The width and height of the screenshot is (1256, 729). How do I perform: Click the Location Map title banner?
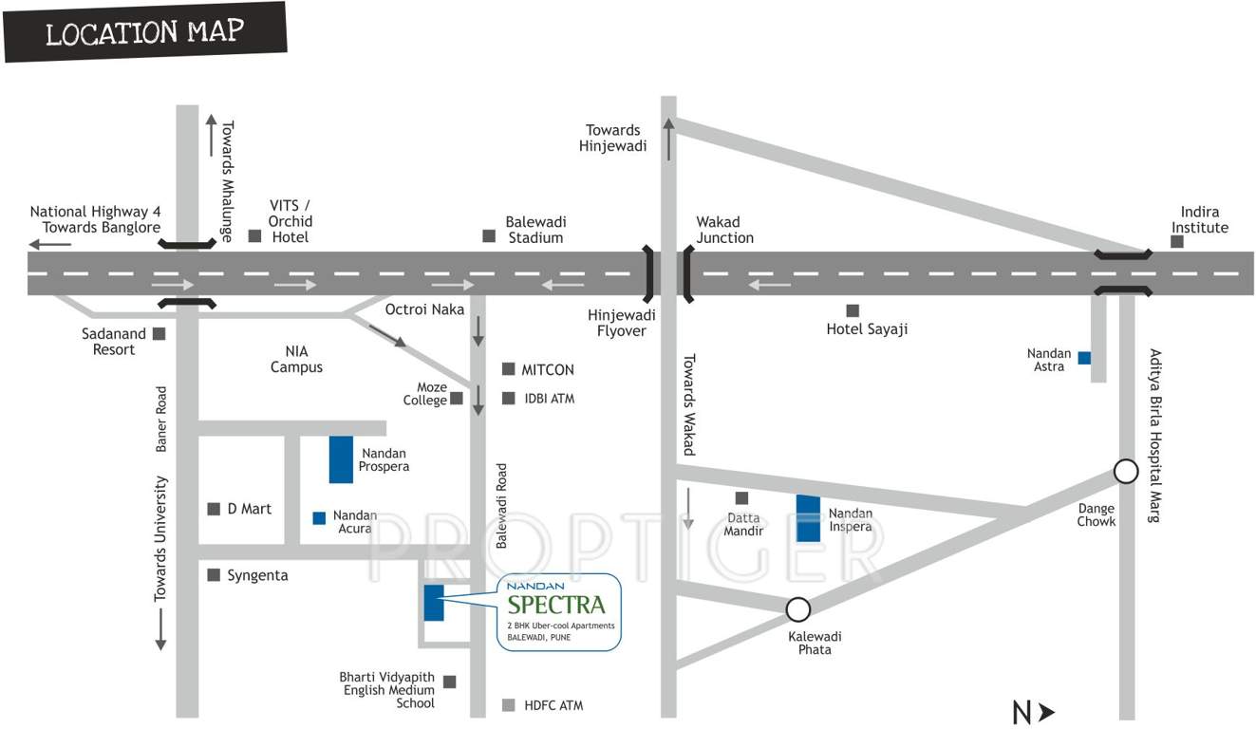tap(145, 33)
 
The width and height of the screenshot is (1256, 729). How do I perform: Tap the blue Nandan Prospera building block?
tap(341, 459)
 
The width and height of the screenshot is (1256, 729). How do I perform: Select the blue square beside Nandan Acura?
tap(319, 518)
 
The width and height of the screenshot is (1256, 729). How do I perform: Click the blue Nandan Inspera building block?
tap(808, 518)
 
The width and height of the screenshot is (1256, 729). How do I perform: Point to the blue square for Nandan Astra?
tap(1084, 359)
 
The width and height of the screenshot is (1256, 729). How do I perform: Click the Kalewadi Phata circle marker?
tap(798, 608)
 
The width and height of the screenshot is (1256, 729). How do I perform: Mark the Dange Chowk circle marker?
tap(1125, 471)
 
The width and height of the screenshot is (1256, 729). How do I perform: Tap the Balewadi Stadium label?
tap(535, 230)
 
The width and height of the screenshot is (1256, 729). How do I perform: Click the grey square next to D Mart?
tap(214, 509)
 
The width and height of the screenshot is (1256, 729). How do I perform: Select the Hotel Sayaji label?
tap(867, 329)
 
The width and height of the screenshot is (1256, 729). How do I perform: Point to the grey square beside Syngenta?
tap(214, 574)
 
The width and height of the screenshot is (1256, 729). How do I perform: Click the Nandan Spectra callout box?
tap(559, 611)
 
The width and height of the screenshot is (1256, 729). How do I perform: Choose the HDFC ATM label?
tap(553, 705)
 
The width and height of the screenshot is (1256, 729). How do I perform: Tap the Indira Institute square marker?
tap(1177, 241)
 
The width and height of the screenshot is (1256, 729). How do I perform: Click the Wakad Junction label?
tap(725, 230)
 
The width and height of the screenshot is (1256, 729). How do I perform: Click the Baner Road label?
tap(161, 419)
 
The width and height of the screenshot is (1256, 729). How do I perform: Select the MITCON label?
tap(548, 369)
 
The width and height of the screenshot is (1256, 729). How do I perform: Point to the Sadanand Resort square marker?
tap(159, 333)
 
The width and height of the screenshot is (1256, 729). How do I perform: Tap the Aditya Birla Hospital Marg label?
tap(1154, 436)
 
